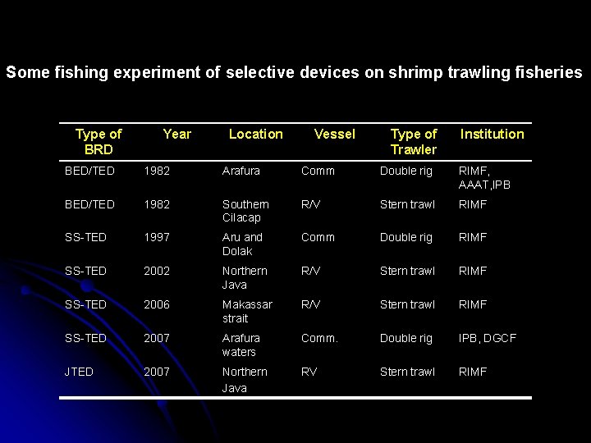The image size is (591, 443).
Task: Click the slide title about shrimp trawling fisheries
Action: [294, 72]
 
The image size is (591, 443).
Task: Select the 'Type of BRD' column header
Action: [98, 141]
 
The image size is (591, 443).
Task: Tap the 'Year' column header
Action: [176, 134]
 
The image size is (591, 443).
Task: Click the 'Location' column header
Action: [255, 134]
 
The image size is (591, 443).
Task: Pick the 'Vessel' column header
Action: [335, 134]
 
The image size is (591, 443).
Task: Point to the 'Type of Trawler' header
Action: [414, 141]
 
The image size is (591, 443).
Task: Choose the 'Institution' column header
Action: [492, 134]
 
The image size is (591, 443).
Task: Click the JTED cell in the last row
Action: [80, 372]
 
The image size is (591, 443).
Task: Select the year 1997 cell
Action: [157, 237]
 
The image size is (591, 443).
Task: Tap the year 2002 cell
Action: [157, 271]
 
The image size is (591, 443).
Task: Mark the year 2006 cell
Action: [157, 304]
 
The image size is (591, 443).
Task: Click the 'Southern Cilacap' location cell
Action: [245, 211]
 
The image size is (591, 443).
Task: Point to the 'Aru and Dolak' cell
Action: [242, 244]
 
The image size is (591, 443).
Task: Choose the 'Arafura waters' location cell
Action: [241, 345]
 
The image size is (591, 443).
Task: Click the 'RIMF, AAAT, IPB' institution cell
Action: [484, 177]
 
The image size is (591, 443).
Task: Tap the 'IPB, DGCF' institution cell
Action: [488, 338]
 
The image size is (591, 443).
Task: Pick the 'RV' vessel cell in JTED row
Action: [309, 372]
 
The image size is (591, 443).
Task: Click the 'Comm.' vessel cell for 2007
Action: [319, 338]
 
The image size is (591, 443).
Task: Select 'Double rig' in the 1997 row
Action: [405, 237]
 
